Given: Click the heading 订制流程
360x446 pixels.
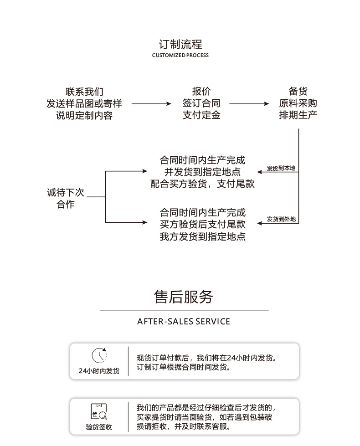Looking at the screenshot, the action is [180, 45].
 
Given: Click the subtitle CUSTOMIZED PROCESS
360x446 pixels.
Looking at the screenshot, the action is [180, 56].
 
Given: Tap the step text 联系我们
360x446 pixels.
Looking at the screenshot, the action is [84, 92].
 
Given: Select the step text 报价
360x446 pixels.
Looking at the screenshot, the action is [201, 92].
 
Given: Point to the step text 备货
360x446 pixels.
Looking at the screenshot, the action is [298, 92].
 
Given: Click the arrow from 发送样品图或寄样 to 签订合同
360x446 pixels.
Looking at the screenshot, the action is [151, 104].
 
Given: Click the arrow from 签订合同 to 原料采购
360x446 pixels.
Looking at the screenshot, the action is [249, 104].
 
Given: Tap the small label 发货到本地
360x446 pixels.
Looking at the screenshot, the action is [281, 169].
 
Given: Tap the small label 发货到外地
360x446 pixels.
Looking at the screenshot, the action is [281, 220].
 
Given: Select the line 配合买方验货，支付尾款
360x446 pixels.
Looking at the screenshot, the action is [202, 184].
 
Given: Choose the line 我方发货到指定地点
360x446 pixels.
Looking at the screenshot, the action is [202, 237].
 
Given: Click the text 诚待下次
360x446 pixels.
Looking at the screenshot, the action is [66, 193].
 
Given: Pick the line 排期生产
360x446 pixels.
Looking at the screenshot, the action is [298, 115].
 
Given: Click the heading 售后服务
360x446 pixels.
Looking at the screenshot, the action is [184, 297].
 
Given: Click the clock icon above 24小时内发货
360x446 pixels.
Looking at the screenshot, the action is [99, 355].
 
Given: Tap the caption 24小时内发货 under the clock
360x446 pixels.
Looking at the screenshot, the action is [99, 371].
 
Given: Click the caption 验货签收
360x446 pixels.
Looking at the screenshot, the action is [99, 427].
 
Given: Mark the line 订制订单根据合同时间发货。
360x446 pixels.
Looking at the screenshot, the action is [184, 367].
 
